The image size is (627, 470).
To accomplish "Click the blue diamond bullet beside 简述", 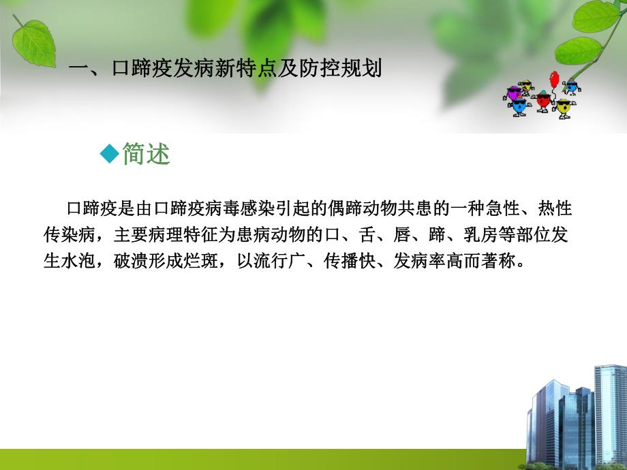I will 109,155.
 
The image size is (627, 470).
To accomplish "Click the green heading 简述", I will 146,155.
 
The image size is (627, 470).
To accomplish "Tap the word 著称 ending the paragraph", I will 501,262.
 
